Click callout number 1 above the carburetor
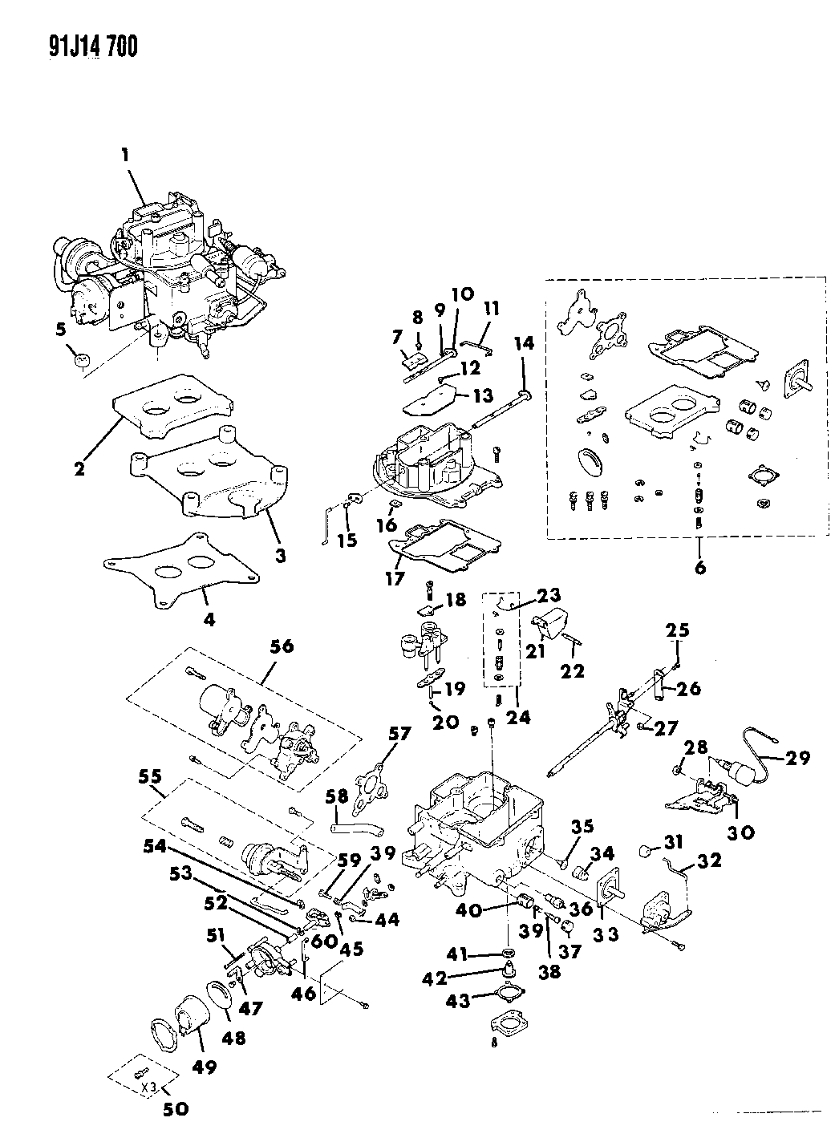click(x=125, y=159)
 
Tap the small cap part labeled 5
click(x=81, y=360)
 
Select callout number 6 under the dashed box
click(x=699, y=566)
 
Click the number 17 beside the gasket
click(x=395, y=577)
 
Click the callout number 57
click(x=399, y=733)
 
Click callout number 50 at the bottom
click(x=176, y=1110)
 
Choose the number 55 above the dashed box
click(x=149, y=776)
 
